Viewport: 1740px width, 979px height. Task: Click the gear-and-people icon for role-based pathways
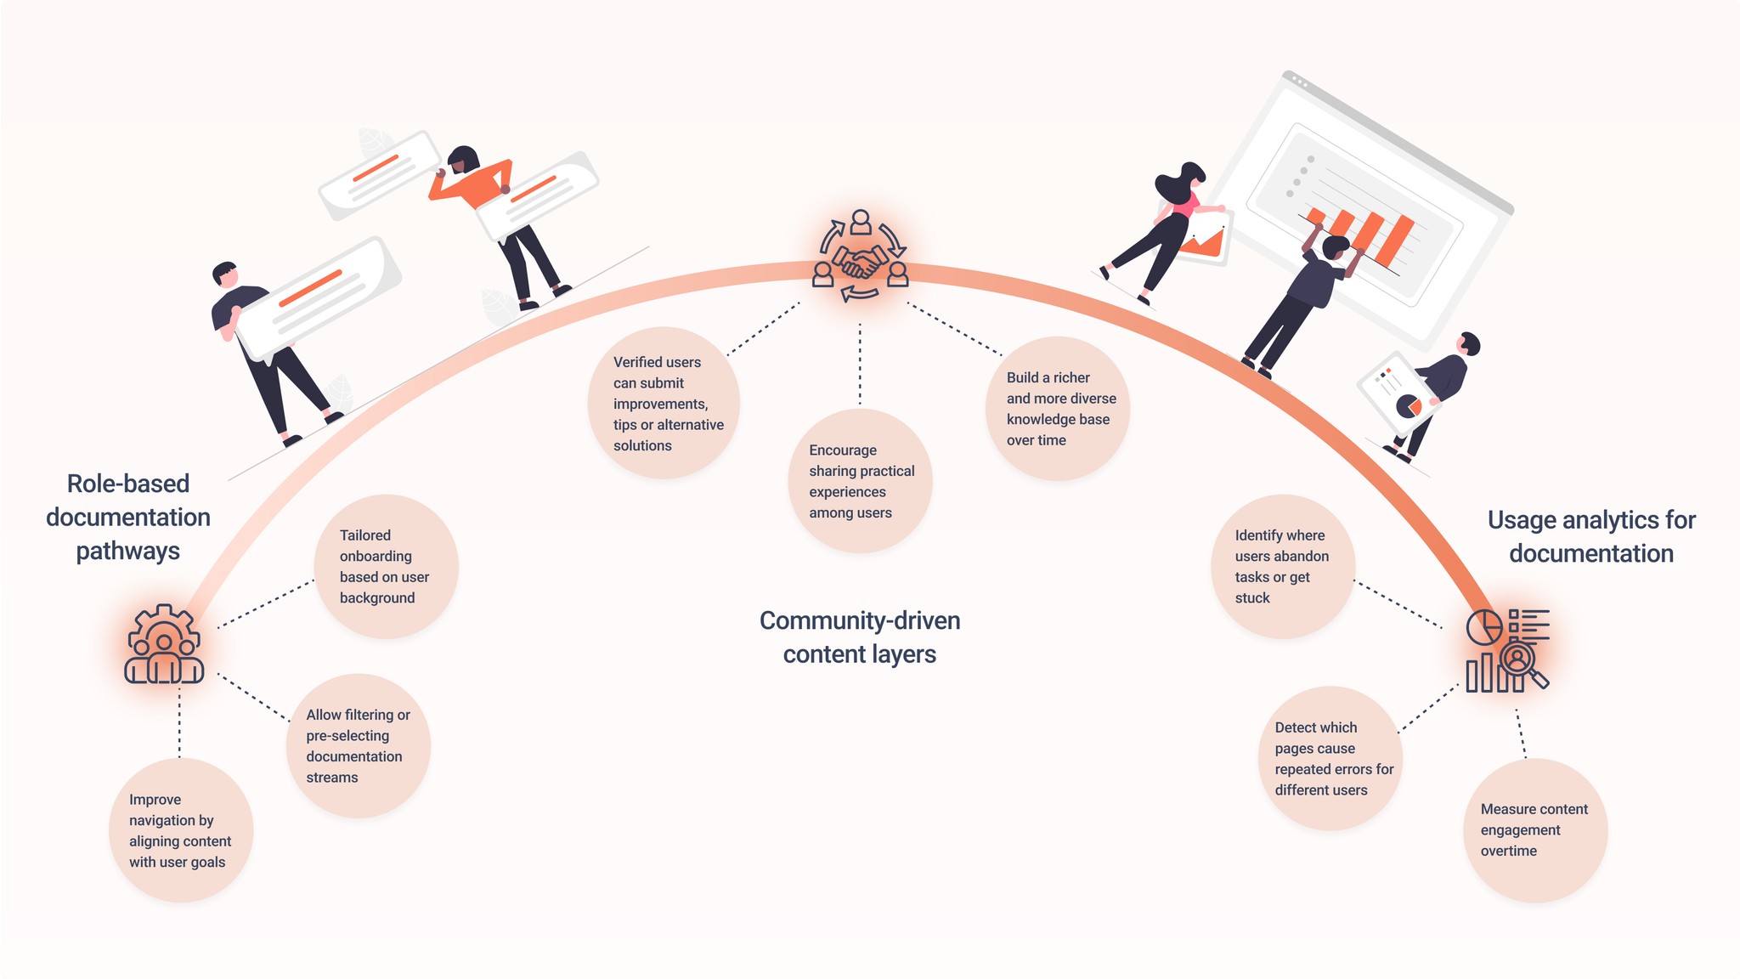click(x=164, y=645)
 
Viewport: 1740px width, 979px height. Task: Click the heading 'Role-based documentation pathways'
click(x=128, y=517)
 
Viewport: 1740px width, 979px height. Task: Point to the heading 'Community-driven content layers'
click(x=860, y=637)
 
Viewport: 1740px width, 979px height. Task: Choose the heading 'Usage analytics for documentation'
click(x=1591, y=536)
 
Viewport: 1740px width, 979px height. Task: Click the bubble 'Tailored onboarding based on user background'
click(x=386, y=567)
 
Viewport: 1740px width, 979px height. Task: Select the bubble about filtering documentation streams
click(x=358, y=746)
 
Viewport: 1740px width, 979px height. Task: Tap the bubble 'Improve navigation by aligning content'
click(x=180, y=830)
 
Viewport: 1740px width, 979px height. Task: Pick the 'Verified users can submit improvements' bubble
click(x=664, y=403)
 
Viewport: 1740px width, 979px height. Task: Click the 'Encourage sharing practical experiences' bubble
click(x=860, y=481)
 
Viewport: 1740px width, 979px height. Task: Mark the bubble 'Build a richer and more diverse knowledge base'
click(x=1058, y=409)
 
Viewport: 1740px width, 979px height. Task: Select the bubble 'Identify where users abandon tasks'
click(x=1282, y=567)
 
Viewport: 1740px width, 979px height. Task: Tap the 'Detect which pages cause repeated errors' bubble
click(x=1330, y=758)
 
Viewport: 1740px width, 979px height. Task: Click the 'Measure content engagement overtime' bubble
click(x=1534, y=830)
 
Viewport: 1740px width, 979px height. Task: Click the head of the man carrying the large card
click(x=225, y=275)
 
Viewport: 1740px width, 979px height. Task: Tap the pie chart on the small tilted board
click(x=1409, y=405)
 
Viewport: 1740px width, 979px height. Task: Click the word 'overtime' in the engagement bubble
click(x=1509, y=851)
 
